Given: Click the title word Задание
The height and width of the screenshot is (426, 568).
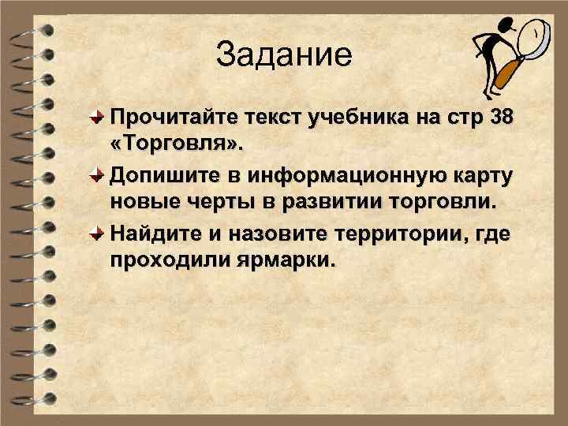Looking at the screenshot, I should [282, 56].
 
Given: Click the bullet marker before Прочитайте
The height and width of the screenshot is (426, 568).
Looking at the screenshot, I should [95, 118].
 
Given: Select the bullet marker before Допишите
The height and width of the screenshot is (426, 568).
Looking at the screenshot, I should [95, 174].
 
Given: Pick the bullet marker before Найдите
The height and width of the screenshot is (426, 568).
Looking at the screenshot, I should [95, 231].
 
